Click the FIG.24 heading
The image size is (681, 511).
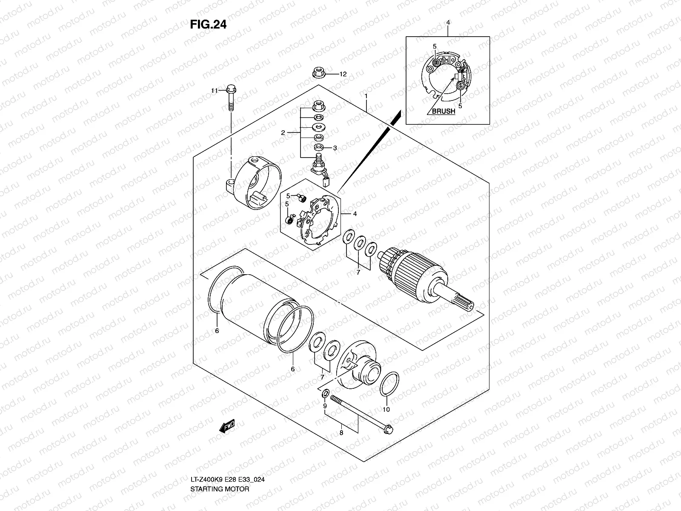[208, 25]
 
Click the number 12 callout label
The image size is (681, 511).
[343, 74]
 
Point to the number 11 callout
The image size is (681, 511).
[215, 91]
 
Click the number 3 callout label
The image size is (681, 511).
[335, 148]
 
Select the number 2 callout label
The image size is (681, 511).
[283, 133]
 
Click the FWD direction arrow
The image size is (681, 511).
[228, 426]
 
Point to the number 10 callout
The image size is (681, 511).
[386, 410]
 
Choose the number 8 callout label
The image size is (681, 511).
[341, 433]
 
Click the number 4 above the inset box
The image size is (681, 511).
[448, 22]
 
